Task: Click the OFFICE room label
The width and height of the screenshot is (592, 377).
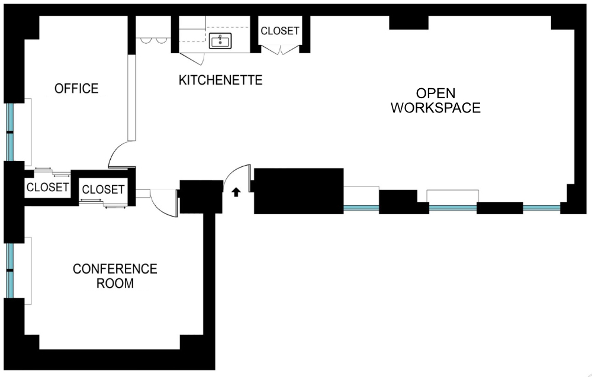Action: (x=76, y=89)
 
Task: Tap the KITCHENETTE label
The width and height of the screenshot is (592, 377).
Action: (x=220, y=80)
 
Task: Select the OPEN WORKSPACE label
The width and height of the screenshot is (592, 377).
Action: (x=436, y=101)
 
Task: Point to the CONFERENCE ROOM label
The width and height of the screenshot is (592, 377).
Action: (x=115, y=276)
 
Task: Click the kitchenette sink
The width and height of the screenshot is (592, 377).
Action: (x=220, y=41)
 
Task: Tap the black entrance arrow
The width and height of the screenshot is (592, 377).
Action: (x=236, y=192)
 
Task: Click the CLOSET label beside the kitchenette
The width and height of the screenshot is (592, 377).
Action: (x=280, y=31)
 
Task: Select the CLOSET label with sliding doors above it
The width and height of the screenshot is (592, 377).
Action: (x=47, y=187)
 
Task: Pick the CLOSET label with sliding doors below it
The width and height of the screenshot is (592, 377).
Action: (x=103, y=189)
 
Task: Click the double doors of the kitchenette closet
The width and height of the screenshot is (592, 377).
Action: (x=280, y=50)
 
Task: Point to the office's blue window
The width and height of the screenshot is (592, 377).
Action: (x=10, y=132)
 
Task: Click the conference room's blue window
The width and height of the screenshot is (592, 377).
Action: (x=10, y=270)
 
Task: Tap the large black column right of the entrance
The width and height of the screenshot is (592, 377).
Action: (x=298, y=191)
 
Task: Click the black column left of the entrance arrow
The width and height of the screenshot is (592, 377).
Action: (x=201, y=196)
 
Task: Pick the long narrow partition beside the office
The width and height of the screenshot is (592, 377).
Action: (x=131, y=98)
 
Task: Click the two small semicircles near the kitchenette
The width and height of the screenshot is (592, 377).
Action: (x=151, y=40)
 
